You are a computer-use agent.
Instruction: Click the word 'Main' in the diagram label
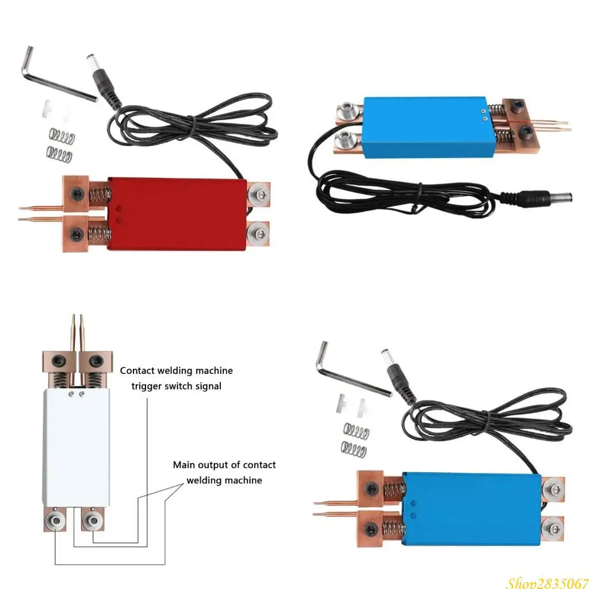(185, 465)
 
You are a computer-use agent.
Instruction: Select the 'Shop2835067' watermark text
(546, 582)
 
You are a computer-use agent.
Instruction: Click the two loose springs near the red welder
(60, 145)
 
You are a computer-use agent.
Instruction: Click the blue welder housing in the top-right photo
(426, 127)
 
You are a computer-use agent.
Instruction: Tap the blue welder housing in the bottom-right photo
(472, 508)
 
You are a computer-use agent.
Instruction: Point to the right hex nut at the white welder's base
(91, 521)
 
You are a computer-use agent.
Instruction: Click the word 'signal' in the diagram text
(208, 386)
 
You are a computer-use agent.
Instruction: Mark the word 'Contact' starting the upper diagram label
(137, 371)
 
